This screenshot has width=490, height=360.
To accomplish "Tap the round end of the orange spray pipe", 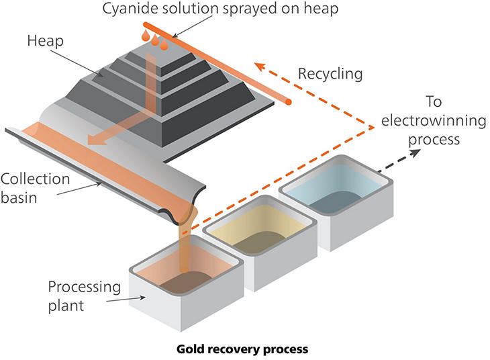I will point(289,102).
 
